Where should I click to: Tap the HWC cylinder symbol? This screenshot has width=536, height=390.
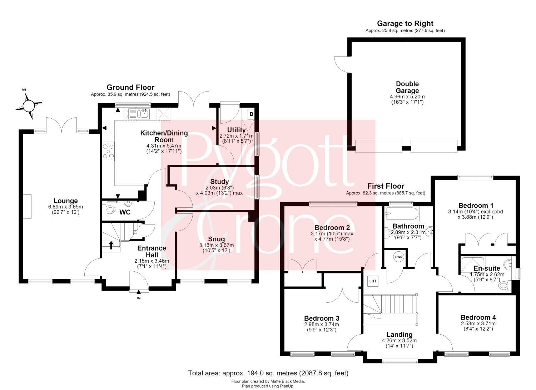pyautogui.click(x=399, y=257)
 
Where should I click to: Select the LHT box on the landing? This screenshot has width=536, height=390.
pyautogui.click(x=373, y=281)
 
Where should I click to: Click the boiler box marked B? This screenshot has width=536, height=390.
pyautogui.click(x=251, y=114)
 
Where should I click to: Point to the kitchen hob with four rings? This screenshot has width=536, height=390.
pyautogui.click(x=108, y=151)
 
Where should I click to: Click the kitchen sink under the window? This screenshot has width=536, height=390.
pyautogui.click(x=139, y=114)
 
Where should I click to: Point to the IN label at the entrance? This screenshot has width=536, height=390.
pyautogui.click(x=139, y=298)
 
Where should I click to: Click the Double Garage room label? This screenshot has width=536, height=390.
pyautogui.click(x=407, y=87)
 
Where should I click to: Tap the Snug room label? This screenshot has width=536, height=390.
pyautogui.click(x=216, y=239)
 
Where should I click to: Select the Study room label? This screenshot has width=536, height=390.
pyautogui.click(x=219, y=182)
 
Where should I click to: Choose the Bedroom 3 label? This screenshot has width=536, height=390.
pyautogui.click(x=322, y=319)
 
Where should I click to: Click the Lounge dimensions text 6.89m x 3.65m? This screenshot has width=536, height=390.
pyautogui.click(x=65, y=207)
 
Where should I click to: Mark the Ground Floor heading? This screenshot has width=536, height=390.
pyautogui.click(x=130, y=87)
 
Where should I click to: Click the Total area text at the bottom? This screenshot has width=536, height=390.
pyautogui.click(x=268, y=373)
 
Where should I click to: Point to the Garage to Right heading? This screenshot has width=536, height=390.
pyautogui.click(x=405, y=24)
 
